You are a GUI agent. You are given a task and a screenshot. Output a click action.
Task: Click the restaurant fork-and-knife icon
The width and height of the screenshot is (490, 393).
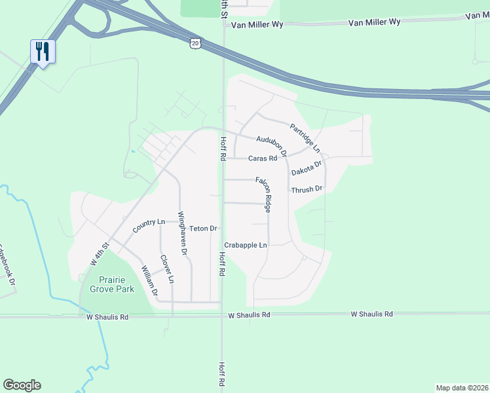[x=43, y=51]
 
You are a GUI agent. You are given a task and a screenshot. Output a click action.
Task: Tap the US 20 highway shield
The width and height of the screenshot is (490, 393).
[x=196, y=43]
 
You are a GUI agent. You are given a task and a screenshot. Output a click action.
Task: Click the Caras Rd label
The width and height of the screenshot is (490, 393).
[x=263, y=159]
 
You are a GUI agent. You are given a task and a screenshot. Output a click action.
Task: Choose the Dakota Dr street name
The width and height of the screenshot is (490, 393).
[x=307, y=168]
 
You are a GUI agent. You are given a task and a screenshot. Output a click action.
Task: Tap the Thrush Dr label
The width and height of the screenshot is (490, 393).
[x=307, y=189]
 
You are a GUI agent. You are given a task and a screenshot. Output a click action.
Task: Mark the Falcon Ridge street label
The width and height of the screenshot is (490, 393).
[x=267, y=196]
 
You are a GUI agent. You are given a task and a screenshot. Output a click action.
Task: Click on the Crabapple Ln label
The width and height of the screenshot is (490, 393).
[x=246, y=245]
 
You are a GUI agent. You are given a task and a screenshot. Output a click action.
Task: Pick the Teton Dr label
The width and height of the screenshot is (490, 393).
[x=203, y=229]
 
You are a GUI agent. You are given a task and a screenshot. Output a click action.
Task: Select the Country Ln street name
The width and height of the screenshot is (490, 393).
[x=148, y=226]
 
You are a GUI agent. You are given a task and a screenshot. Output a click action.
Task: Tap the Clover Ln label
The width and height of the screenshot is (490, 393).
[x=166, y=269]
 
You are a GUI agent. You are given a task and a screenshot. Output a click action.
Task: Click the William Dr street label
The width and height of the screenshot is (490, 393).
[x=149, y=281]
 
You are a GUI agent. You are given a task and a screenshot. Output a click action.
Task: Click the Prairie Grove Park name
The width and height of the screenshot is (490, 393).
[x=107, y=284]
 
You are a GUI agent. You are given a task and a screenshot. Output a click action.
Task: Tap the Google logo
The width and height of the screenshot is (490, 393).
[x=22, y=385]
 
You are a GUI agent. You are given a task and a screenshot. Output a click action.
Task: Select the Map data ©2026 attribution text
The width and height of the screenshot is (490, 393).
[x=462, y=388]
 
